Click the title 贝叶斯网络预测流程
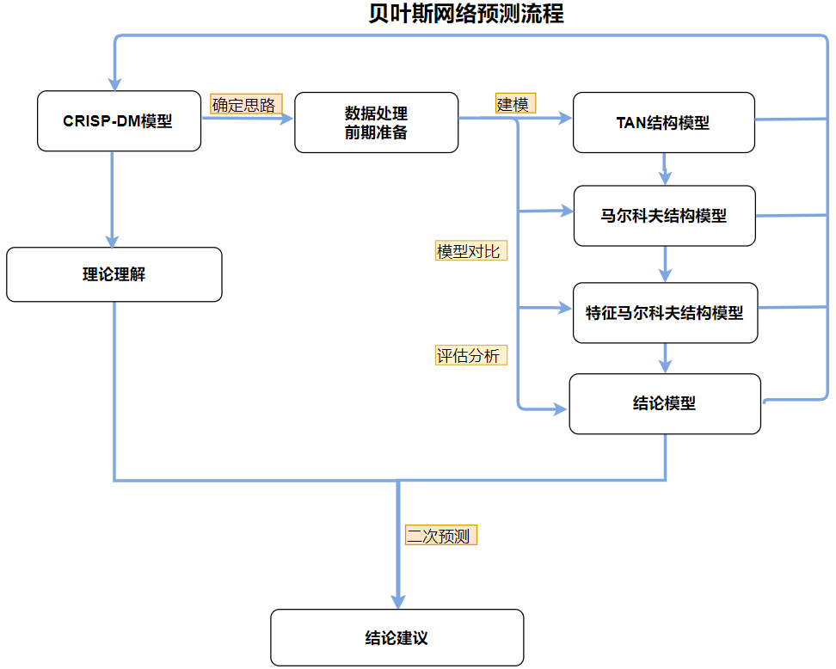(465, 15)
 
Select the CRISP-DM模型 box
(119, 121)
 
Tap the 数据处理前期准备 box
(376, 123)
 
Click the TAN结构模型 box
(663, 122)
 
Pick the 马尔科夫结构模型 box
(664, 215)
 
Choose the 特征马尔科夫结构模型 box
(664, 313)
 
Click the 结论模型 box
(664, 403)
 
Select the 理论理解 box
(114, 274)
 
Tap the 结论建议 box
(396, 637)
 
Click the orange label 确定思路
(245, 105)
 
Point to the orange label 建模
(514, 104)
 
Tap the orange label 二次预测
(440, 536)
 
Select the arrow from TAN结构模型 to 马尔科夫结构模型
(664, 169)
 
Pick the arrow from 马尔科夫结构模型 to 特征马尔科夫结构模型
(664, 263)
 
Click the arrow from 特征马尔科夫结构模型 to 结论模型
(664, 358)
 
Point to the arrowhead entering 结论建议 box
(398, 601)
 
